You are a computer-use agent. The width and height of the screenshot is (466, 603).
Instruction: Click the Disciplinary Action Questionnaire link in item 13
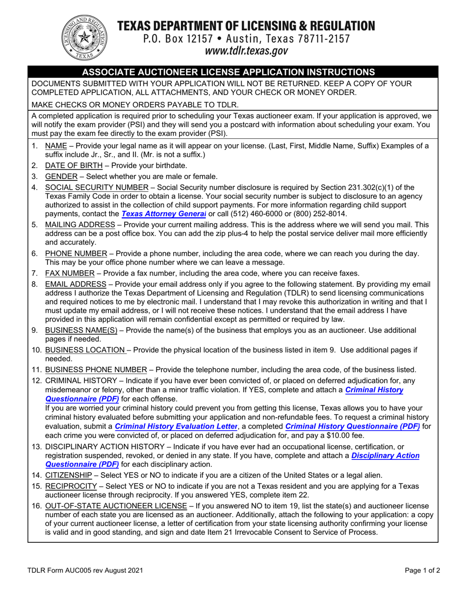(385, 455)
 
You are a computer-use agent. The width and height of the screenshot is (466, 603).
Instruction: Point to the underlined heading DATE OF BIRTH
(74, 166)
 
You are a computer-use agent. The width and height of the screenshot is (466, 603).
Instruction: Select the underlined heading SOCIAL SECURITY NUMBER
(97, 187)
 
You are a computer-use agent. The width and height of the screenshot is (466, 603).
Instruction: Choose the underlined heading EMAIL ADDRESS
(76, 284)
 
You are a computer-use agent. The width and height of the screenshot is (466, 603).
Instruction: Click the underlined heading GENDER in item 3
(61, 176)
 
